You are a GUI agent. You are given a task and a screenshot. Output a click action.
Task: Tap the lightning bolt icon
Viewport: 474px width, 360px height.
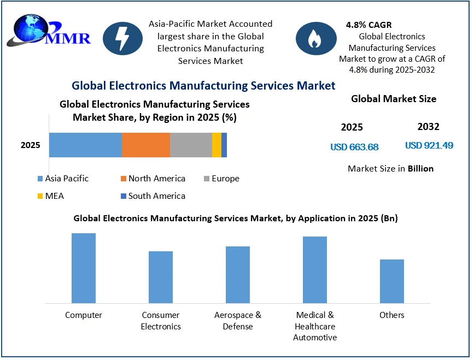click(x=122, y=38)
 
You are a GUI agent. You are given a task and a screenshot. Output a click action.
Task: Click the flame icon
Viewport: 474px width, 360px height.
click(x=316, y=38)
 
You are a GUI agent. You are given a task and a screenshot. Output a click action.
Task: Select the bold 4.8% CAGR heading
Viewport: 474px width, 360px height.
click(x=368, y=25)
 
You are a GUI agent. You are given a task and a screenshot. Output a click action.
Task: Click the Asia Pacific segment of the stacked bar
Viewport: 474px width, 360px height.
click(x=85, y=145)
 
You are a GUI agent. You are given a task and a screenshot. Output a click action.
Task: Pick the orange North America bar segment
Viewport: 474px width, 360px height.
click(x=145, y=145)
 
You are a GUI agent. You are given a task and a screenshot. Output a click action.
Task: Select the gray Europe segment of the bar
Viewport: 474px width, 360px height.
click(x=191, y=145)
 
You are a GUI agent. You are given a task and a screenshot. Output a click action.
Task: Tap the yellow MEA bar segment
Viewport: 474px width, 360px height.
click(x=216, y=145)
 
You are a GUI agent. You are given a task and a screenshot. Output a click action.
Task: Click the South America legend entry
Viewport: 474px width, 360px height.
click(x=153, y=196)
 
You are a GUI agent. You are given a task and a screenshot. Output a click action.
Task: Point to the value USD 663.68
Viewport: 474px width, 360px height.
click(x=354, y=147)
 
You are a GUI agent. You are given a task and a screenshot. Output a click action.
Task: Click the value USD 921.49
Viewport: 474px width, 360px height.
click(x=429, y=146)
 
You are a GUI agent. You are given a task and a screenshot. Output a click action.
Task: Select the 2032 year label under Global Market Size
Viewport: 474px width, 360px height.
click(x=428, y=127)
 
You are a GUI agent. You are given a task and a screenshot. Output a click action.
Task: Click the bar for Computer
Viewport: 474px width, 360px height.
click(x=84, y=268)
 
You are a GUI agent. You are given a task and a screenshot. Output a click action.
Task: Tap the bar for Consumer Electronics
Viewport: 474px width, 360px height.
click(x=161, y=277)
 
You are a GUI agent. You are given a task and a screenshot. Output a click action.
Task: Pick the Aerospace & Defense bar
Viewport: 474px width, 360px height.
click(x=238, y=274)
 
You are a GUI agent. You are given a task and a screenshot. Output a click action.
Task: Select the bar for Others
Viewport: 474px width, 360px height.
click(x=392, y=281)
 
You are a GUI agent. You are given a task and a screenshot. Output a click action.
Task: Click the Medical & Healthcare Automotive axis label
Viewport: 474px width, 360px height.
click(x=315, y=326)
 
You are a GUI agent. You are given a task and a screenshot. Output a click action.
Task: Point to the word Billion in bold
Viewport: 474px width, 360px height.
click(x=420, y=168)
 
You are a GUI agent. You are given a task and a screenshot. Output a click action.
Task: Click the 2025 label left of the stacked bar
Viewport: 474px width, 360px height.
click(x=31, y=145)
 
